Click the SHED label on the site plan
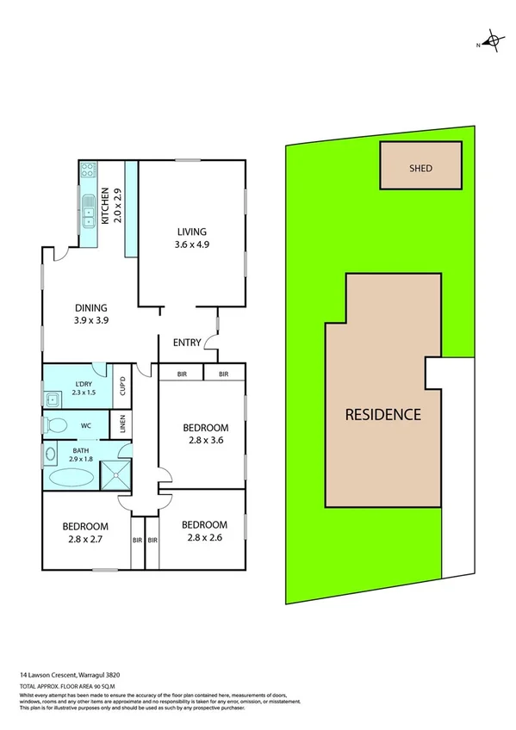pos(420,168)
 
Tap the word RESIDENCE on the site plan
pos(383,414)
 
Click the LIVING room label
pos(192,232)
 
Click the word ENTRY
pos(187,343)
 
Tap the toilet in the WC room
pos(58,425)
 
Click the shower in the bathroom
pos(115,474)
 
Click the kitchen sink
pos(88,209)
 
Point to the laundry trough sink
pos(53,398)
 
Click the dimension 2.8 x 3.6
pos(205,445)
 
